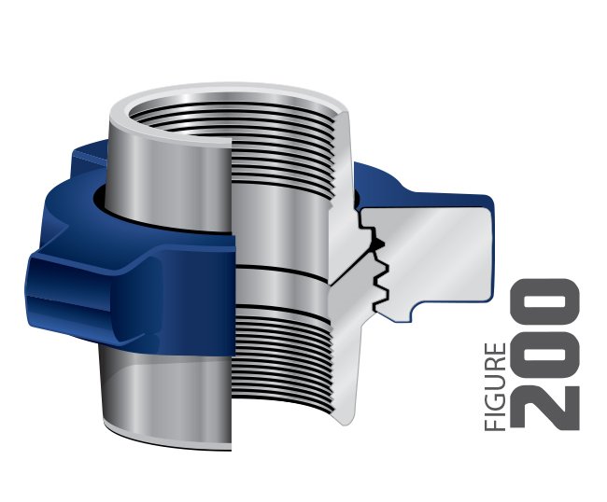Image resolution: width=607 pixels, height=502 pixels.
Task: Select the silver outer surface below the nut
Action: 159,392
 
